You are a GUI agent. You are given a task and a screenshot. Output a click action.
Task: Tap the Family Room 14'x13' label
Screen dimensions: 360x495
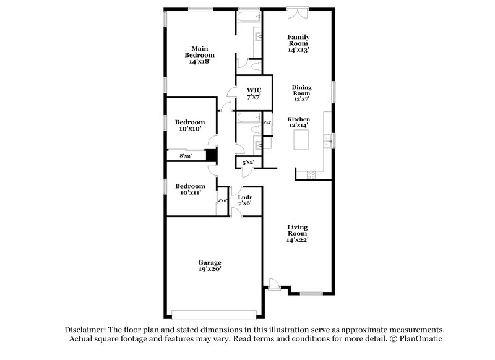point(298,43)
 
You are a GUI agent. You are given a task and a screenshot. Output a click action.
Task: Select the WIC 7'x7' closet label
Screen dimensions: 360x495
point(254,93)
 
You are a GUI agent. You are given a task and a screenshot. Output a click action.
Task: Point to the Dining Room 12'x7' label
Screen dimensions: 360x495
point(301,93)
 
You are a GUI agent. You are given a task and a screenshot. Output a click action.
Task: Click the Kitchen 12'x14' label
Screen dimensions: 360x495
point(298,121)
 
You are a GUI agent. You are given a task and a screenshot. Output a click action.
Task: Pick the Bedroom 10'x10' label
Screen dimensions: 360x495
point(189,125)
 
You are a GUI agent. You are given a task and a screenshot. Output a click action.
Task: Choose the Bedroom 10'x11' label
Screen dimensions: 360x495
point(189,189)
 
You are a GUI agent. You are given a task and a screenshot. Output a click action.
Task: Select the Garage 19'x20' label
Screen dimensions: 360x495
point(209,265)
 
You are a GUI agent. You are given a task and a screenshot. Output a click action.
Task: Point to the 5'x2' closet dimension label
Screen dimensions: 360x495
point(248,162)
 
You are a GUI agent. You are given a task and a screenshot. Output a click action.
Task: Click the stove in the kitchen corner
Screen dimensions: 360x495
point(311,175)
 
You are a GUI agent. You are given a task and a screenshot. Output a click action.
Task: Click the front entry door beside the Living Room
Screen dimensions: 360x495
point(273,284)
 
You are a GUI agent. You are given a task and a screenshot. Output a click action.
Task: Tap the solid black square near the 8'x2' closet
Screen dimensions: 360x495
point(212,156)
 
